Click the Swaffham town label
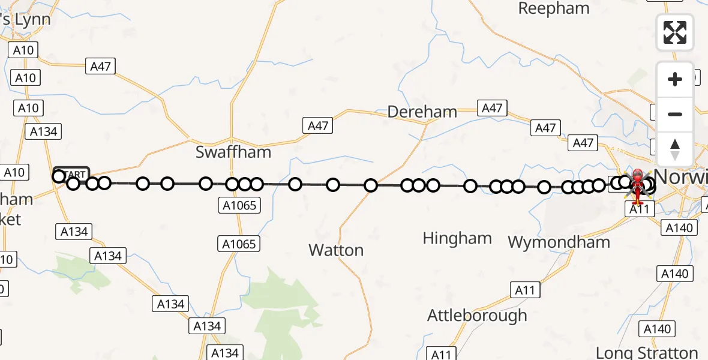click(233, 152)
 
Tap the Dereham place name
click(422, 112)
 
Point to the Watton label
click(336, 250)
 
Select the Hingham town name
click(457, 238)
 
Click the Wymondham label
click(559, 242)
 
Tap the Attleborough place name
click(477, 315)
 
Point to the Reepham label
click(554, 8)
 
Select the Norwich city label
click(681, 177)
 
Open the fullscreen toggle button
click(675, 32)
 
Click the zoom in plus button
click(675, 79)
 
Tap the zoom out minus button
click(675, 114)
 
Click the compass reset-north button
click(675, 149)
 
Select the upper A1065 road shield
click(239, 206)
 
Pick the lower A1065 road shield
click(239, 244)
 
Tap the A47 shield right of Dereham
click(492, 108)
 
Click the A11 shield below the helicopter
click(639, 209)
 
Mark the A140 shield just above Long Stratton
click(657, 329)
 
